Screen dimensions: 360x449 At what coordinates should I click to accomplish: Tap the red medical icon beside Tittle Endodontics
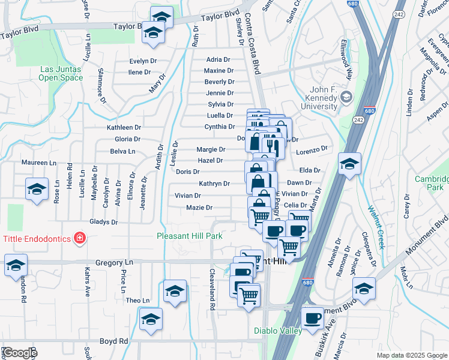coord(79,239)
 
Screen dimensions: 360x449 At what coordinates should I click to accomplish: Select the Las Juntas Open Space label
coord(61,73)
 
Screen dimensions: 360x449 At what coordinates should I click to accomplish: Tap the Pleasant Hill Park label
coord(190,236)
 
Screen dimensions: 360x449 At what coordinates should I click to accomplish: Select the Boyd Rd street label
coord(114,341)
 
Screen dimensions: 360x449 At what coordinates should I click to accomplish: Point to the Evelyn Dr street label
coord(143,61)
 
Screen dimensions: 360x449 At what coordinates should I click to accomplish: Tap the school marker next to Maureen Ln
coord(37,189)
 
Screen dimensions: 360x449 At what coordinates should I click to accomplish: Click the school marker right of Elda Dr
coord(349,163)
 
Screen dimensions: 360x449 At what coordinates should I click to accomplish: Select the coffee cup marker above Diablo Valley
coord(312,319)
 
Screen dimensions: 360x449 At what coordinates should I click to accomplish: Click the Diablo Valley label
coord(275,330)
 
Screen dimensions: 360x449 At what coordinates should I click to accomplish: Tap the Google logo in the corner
coord(19,353)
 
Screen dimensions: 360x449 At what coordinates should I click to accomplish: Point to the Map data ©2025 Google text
coord(411,355)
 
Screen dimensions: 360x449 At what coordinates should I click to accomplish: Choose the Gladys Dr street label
coord(104,222)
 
